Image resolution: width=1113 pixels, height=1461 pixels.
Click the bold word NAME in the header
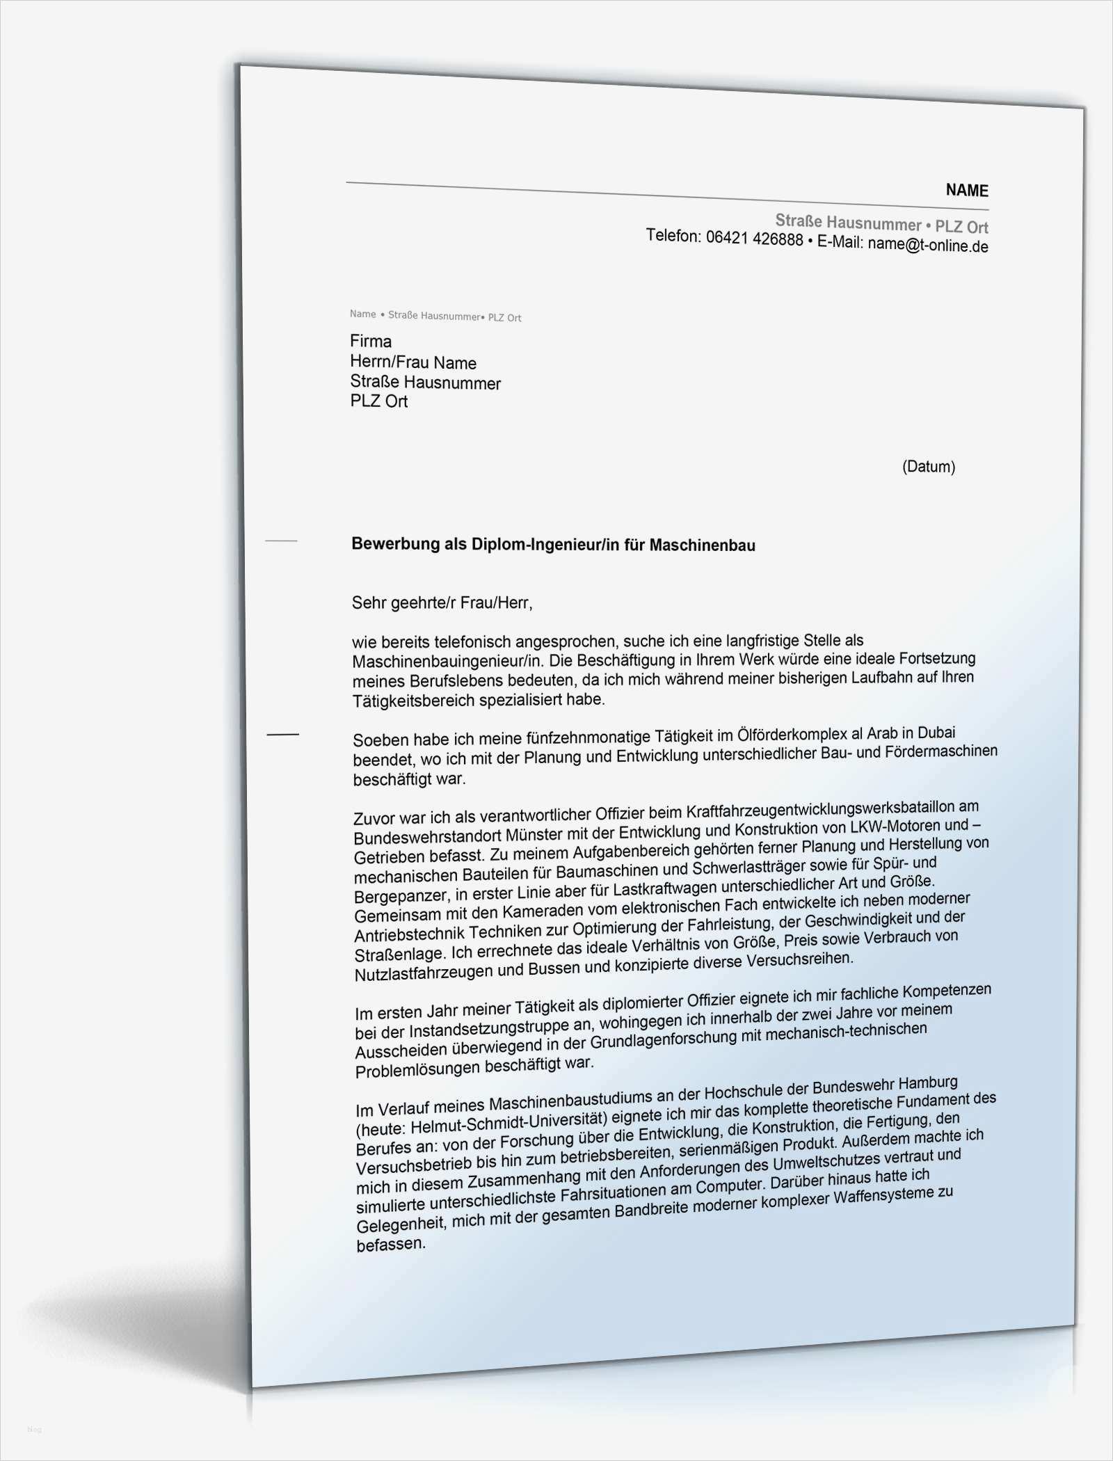(x=966, y=190)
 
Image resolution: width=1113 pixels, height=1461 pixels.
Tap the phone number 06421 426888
(x=754, y=239)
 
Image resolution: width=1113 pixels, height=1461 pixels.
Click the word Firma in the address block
(x=371, y=341)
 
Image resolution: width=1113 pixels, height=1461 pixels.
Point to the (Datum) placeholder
(x=928, y=466)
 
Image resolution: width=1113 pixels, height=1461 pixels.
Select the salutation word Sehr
(x=367, y=602)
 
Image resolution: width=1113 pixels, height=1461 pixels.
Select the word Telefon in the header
(x=673, y=235)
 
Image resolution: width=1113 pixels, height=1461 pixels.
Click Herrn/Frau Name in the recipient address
(x=413, y=362)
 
